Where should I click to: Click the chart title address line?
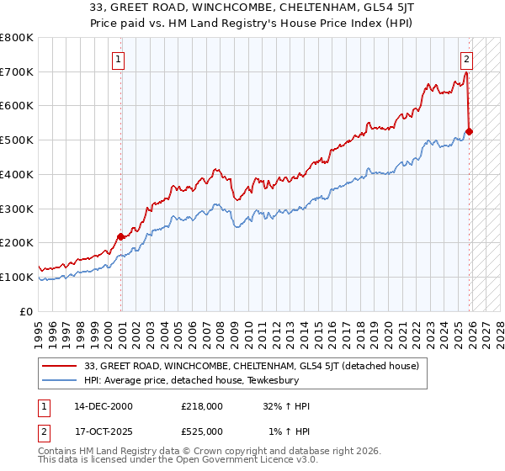click(252, 9)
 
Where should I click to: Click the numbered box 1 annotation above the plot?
click(119, 60)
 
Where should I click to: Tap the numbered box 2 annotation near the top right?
click(465, 60)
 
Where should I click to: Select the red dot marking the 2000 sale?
click(120, 236)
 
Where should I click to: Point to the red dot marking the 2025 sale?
click(470, 131)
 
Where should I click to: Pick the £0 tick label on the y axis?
click(26, 311)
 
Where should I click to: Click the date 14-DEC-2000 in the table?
click(103, 406)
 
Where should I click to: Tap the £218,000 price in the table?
click(201, 406)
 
